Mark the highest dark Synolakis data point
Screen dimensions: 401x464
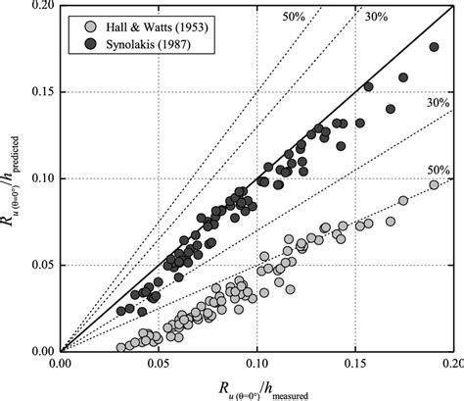pos(434,47)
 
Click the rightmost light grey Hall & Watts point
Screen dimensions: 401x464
pos(434,184)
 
